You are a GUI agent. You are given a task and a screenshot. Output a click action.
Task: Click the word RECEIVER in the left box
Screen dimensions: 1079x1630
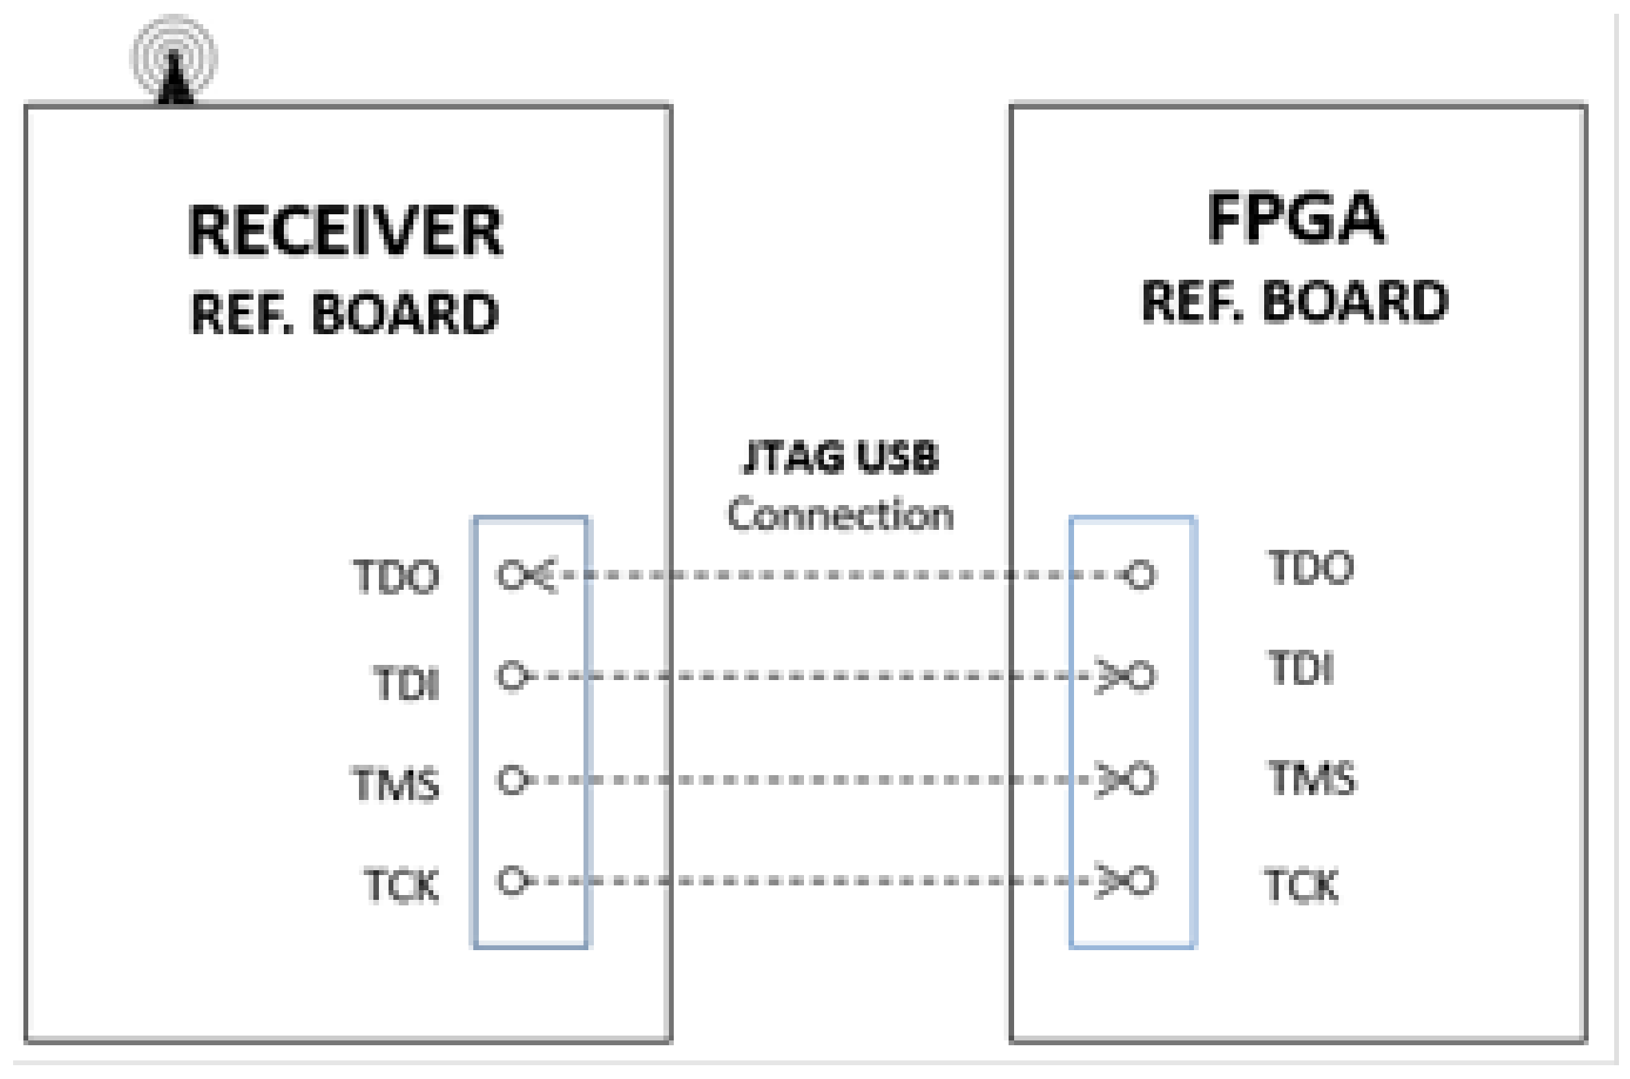pos(345,232)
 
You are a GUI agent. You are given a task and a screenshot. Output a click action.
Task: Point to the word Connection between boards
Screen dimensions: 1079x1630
pos(840,515)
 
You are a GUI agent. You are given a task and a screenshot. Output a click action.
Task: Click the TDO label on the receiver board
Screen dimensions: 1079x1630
pos(396,577)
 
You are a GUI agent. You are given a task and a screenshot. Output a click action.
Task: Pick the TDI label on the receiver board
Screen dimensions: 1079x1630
pos(406,684)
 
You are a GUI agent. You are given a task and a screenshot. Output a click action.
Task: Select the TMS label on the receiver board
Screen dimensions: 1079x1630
pos(396,784)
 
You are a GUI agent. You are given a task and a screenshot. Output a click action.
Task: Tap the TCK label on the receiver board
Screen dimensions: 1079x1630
pos(402,885)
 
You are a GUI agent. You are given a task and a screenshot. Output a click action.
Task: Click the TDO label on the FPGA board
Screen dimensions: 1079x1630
pos(1311,568)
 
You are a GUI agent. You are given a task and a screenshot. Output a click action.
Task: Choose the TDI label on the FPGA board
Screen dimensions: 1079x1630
pos(1301,668)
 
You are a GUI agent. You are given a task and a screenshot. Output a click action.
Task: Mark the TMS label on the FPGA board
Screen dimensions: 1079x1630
pos(1312,779)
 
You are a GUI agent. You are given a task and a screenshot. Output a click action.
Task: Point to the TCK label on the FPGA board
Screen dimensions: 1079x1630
pos(1301,885)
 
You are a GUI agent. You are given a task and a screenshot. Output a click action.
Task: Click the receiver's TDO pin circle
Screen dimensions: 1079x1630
pos(511,575)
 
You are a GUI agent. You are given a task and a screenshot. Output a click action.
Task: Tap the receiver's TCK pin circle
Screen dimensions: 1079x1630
pos(511,881)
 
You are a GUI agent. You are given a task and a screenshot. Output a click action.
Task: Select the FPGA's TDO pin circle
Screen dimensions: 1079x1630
pos(1140,575)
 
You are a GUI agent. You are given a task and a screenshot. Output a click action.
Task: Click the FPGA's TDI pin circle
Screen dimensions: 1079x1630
pos(1142,676)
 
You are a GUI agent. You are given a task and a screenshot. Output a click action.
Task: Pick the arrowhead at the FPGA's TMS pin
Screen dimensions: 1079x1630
pos(1109,780)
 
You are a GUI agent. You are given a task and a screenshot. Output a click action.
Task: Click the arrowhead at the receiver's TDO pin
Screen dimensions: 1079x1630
pos(544,575)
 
